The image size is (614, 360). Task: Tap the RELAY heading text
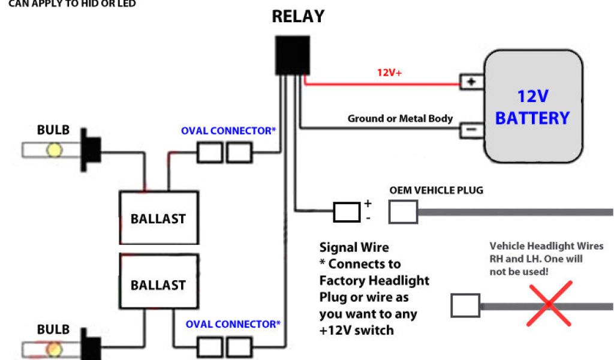click(298, 16)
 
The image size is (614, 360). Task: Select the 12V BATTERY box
click(533, 107)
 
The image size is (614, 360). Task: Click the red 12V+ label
click(389, 73)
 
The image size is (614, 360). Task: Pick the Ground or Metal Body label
click(400, 119)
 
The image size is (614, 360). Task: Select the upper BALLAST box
click(158, 218)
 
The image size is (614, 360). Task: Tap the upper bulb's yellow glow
click(55, 149)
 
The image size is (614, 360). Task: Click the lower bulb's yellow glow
click(55, 349)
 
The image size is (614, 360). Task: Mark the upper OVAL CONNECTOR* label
click(228, 131)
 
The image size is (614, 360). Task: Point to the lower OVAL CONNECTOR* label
click(233, 325)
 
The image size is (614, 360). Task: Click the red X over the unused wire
click(549, 304)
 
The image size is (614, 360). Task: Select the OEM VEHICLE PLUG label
click(436, 191)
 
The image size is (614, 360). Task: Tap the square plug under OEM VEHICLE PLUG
click(403, 212)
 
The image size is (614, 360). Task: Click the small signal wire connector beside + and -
click(347, 212)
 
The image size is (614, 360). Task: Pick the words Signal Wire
click(354, 247)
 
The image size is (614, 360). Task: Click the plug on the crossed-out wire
click(465, 305)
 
